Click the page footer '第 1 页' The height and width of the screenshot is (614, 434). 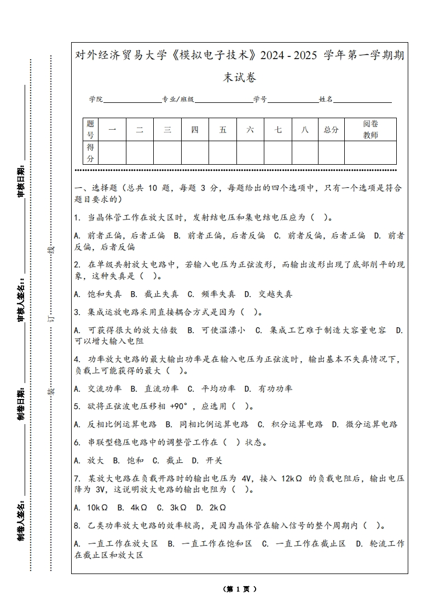(x=240, y=589)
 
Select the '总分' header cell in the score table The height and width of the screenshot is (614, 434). (x=331, y=130)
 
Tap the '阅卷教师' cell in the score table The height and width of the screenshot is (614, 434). (x=371, y=130)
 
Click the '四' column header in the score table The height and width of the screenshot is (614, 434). (x=195, y=130)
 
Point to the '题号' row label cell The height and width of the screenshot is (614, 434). (x=91, y=130)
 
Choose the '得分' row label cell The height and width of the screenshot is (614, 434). (x=91, y=153)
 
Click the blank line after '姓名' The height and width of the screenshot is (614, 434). (x=362, y=101)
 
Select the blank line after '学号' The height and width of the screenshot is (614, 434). (x=293, y=101)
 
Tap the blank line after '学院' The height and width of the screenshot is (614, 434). (x=132, y=101)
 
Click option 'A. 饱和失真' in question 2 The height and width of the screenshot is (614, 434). (x=98, y=294)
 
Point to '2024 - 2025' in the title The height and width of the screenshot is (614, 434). (x=288, y=55)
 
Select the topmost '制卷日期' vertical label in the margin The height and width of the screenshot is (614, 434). (x=21, y=406)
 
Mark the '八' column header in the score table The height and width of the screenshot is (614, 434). (x=305, y=130)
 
